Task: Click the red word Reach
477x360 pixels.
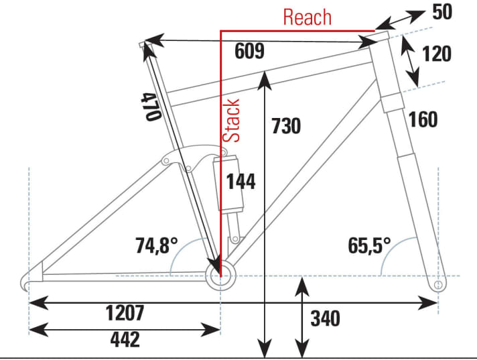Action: click(x=307, y=17)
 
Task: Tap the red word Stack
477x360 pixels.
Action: click(x=231, y=120)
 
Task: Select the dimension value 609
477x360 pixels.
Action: click(x=249, y=52)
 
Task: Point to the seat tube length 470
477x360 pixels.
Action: click(x=150, y=106)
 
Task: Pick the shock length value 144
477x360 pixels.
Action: click(x=241, y=181)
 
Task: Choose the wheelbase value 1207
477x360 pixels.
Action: click(x=125, y=312)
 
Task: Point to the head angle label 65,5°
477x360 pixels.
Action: click(x=369, y=245)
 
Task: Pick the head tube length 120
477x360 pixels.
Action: click(x=437, y=54)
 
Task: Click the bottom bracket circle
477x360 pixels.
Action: click(x=220, y=276)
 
